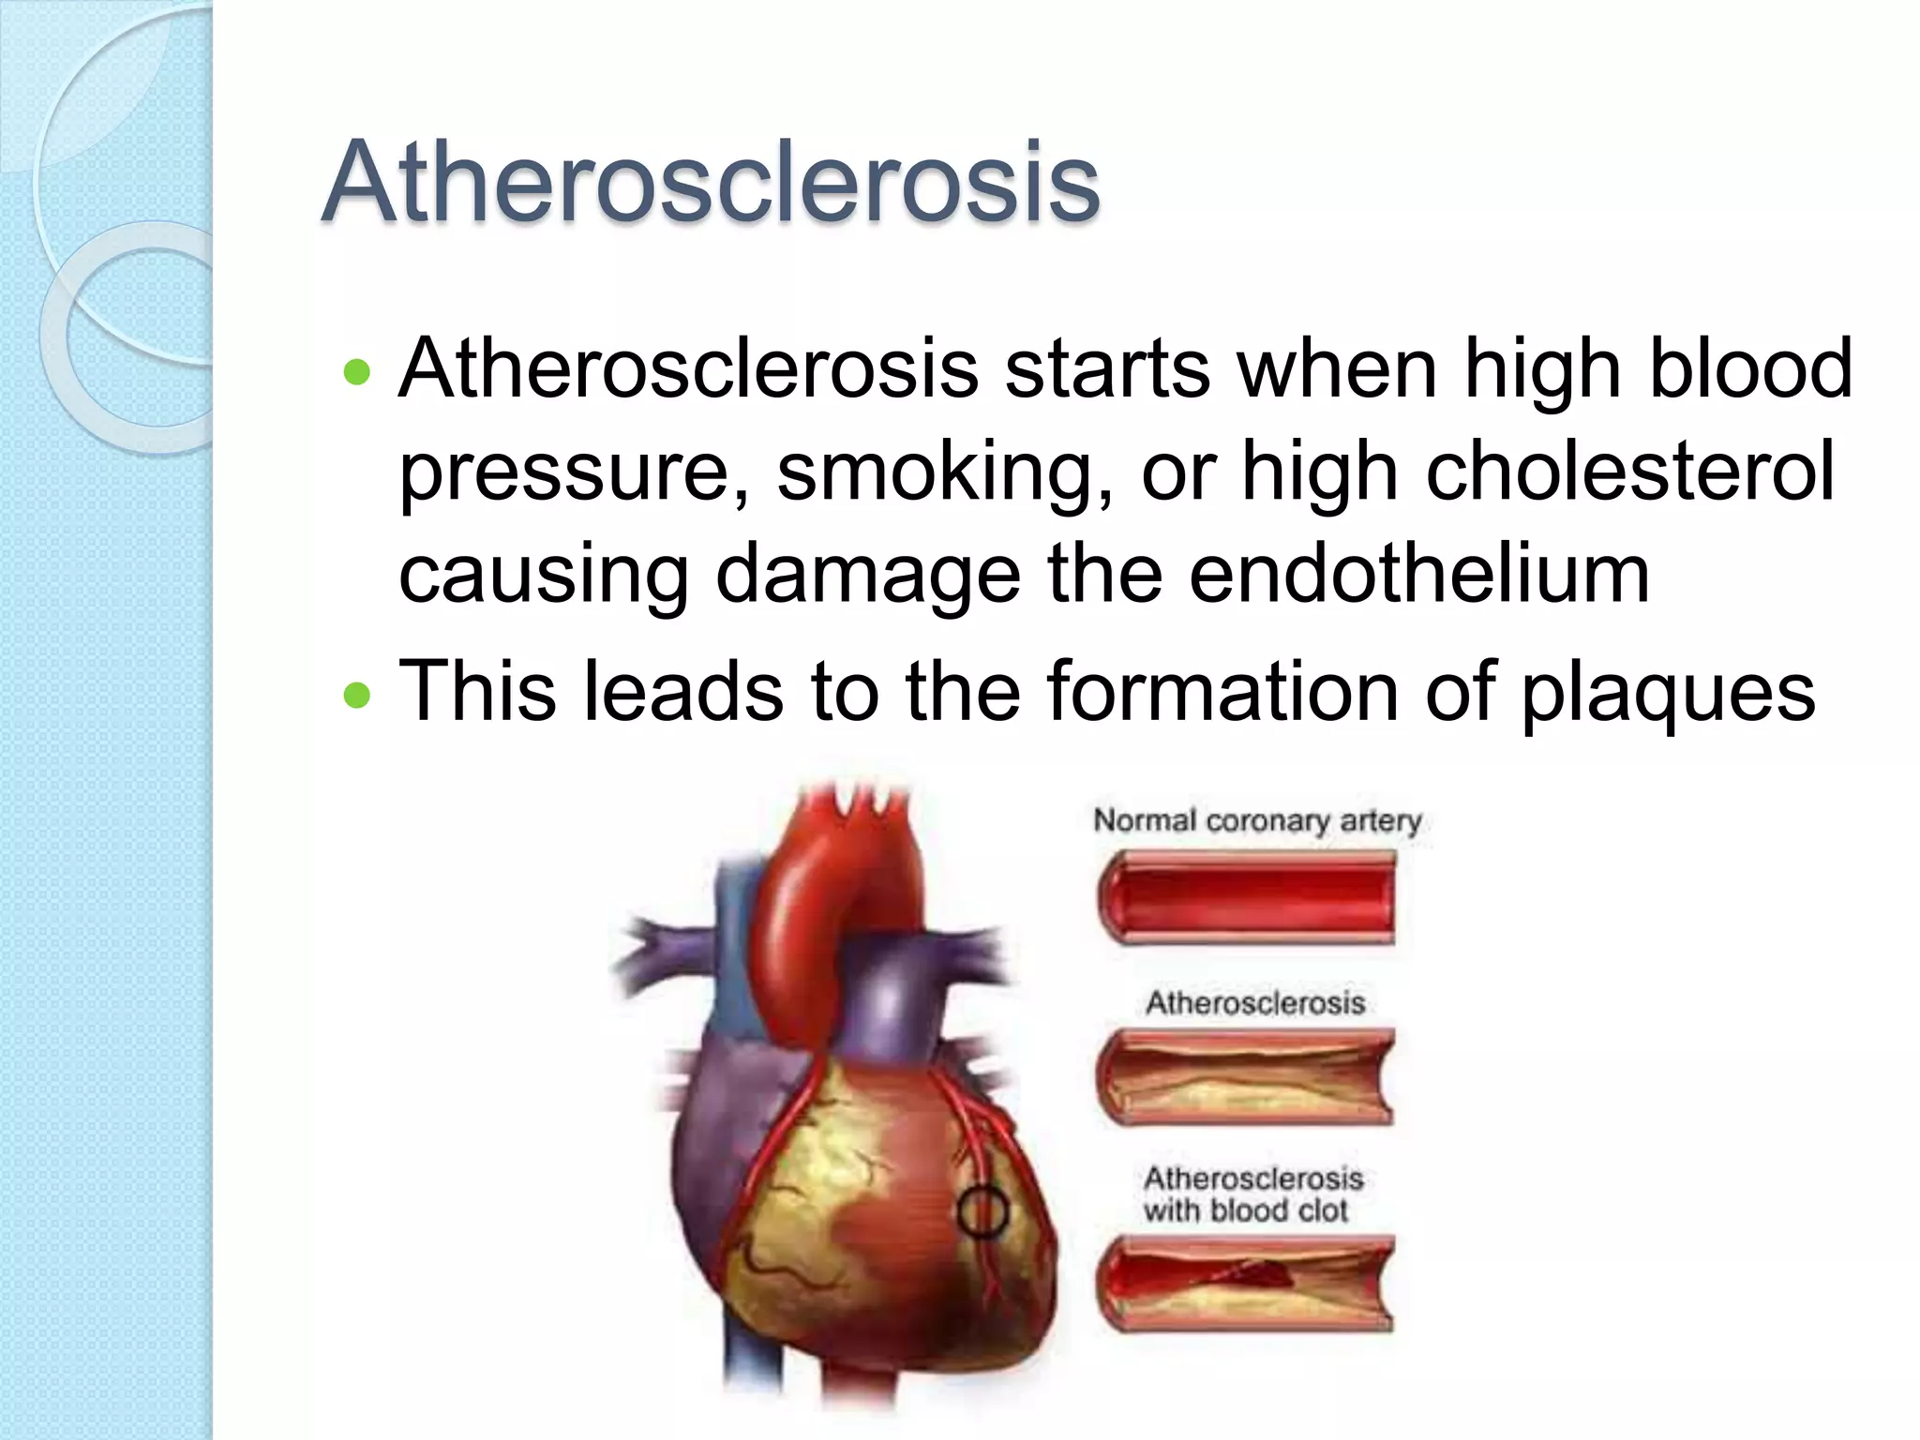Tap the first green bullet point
pos(357,374)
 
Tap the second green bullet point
pos(357,696)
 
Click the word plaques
pos(1668,694)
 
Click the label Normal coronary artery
pos(1257,820)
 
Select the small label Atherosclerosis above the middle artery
pos(1254,1003)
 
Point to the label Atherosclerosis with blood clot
pos(1252,1193)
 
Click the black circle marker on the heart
pos(982,1212)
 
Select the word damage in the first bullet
pos(868,576)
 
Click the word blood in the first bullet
pos(1749,369)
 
